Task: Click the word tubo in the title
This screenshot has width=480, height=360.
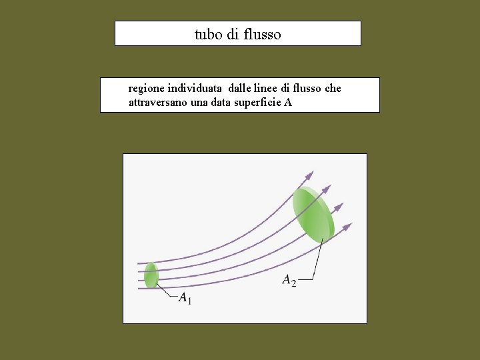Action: click(208, 34)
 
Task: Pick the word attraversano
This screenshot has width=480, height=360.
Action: click(155, 103)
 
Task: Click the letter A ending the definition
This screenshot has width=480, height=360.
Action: click(288, 103)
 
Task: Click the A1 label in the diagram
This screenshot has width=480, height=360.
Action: click(185, 298)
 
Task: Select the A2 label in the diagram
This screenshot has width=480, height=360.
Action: click(289, 281)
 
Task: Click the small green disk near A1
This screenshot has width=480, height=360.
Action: click(151, 275)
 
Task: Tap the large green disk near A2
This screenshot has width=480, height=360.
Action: click(313, 213)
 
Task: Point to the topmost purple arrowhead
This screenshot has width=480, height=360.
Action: click(309, 175)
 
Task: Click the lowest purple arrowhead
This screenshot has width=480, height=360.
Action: click(347, 227)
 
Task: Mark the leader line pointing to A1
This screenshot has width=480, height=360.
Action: click(167, 291)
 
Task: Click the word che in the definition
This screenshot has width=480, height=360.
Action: click(333, 88)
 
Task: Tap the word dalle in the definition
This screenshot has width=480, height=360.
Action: click(242, 88)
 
